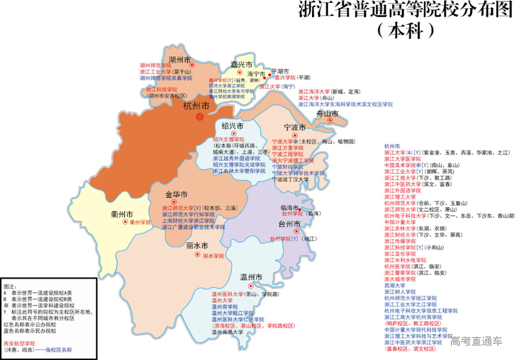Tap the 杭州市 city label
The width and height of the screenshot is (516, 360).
coord(196,106)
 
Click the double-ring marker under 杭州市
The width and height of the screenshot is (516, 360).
coord(200,117)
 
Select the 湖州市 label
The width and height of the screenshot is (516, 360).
coord(180,60)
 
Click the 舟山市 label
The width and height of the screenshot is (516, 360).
coord(327,114)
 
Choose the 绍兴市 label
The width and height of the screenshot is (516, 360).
coord(233,126)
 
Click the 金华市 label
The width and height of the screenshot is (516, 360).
coord(176,195)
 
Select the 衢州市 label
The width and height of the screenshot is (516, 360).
coord(122,214)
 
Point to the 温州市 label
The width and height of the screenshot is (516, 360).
coord(251,277)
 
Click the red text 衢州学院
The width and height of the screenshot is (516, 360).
coord(140,222)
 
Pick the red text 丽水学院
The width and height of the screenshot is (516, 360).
coord(213,256)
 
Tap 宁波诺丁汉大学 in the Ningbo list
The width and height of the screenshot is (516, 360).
coord(290,180)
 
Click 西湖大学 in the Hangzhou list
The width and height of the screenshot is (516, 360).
coord(394,285)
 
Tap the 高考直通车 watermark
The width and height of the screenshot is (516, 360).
coord(476,341)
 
